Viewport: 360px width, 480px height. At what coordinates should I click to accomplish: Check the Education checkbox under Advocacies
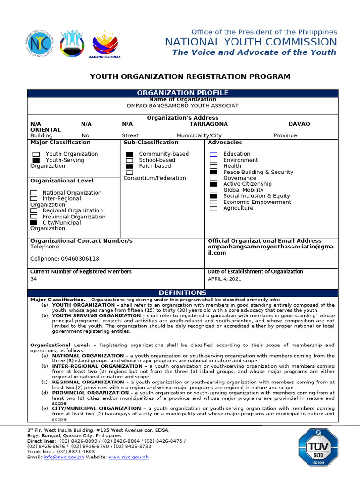[x=214, y=154]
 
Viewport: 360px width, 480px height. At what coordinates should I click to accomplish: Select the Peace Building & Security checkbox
[x=214, y=172]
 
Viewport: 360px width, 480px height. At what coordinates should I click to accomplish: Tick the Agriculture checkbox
[x=214, y=209]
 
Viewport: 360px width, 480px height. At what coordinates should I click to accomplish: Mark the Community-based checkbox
[x=129, y=154]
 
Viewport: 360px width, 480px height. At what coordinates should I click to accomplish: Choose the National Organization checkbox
[x=34, y=193]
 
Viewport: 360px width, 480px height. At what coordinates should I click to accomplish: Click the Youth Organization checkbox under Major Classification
[x=36, y=154]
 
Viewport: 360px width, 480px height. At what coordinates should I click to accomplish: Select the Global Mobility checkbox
[x=214, y=190]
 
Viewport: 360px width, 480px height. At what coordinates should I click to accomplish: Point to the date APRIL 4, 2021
[x=225, y=279]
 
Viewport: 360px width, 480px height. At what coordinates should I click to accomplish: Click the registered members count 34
[x=34, y=279]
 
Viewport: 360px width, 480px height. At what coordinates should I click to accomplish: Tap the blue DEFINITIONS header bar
[x=182, y=292]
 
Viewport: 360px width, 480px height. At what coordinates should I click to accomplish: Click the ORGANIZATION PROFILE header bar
[x=182, y=93]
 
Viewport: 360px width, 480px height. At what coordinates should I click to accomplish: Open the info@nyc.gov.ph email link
[x=64, y=457]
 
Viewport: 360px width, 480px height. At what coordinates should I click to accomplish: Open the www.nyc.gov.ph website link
[x=128, y=457]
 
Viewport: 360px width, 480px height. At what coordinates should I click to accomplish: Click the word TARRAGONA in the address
[x=209, y=124]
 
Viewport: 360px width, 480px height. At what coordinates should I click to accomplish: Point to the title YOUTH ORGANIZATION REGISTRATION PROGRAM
[x=190, y=76]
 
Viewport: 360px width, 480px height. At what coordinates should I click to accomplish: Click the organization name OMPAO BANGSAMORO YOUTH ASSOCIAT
[x=182, y=106]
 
